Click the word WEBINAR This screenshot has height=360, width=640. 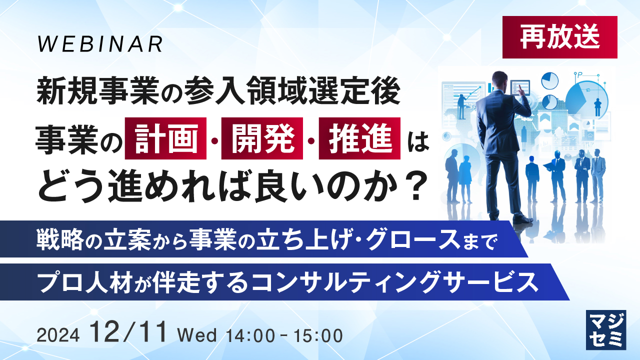point(99,44)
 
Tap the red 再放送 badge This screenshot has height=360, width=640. point(559,37)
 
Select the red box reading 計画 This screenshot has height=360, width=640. point(165,138)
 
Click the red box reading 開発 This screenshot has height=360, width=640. point(262,138)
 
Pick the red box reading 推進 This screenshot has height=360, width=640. point(359,138)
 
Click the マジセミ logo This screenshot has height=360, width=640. point(606,330)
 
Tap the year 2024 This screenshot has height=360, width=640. point(58,335)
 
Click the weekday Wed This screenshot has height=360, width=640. point(197,335)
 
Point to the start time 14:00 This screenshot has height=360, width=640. point(250,335)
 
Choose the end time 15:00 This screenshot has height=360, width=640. point(318,335)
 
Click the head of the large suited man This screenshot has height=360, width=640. point(499,80)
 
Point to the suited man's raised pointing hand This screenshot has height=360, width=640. point(521,92)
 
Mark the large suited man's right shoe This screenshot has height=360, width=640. point(522,219)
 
